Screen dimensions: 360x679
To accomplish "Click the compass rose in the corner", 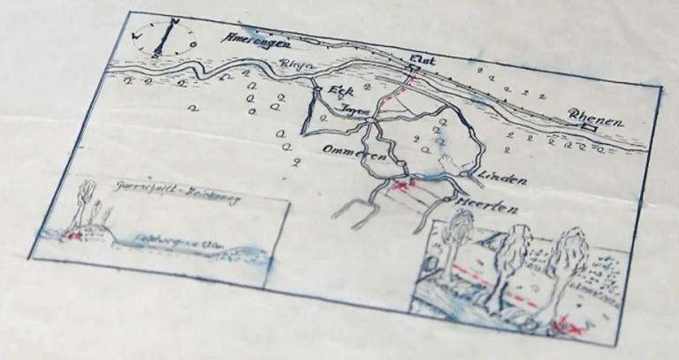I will coord(164,38).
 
